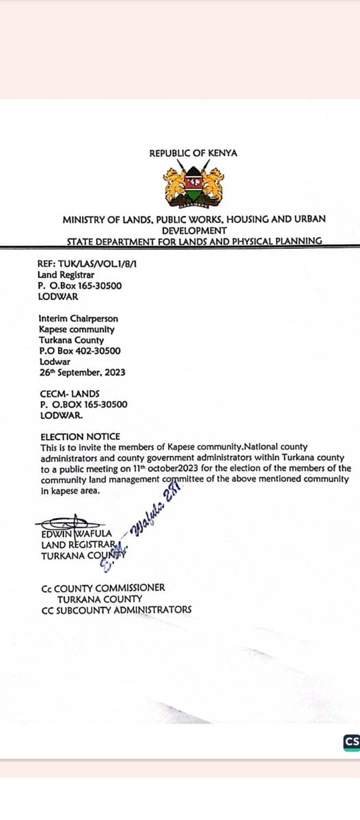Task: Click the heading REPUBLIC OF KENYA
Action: pos(193,154)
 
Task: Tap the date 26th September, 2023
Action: pos(83,372)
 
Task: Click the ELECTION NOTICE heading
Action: pos(81,436)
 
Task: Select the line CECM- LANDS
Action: pos(69,394)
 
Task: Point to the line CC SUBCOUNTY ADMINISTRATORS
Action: pos(116,610)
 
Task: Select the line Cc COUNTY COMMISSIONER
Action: pos(102,588)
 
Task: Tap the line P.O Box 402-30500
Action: pos(81,351)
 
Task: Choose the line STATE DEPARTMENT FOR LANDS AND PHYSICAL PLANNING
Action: pos(194,241)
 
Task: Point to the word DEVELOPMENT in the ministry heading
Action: pos(193,230)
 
